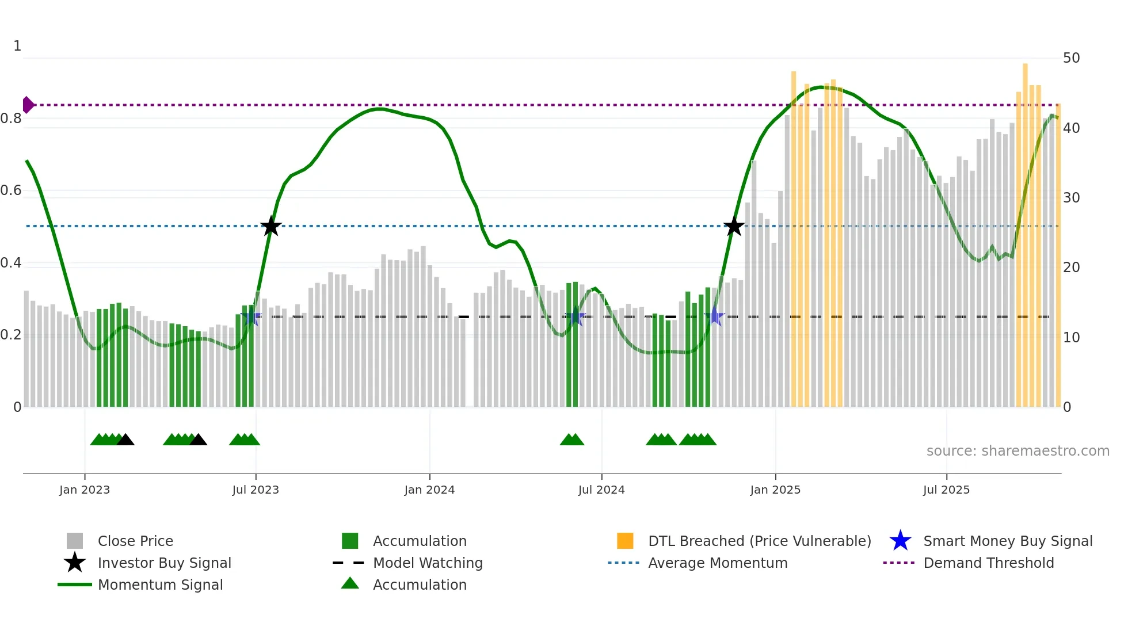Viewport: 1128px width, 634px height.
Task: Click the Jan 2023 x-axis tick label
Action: (85, 490)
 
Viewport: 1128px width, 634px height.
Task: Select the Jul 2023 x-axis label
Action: (256, 490)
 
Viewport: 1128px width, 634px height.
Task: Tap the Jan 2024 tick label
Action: (429, 490)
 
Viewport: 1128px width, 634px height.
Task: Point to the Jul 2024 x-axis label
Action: (601, 490)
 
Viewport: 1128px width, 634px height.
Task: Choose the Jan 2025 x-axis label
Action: (775, 490)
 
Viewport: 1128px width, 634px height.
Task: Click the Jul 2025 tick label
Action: (946, 490)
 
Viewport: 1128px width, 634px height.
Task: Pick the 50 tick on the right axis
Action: (1071, 58)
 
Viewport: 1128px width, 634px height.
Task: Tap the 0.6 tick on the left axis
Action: (11, 190)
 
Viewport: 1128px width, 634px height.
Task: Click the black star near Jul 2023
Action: (271, 227)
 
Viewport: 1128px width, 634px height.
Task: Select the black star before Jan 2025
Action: (734, 227)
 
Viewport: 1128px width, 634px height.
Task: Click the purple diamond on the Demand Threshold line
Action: (28, 105)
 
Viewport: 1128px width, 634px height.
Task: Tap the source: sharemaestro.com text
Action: (1018, 451)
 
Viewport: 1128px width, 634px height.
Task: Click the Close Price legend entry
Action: (135, 541)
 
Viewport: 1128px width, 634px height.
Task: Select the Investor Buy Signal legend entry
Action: (164, 563)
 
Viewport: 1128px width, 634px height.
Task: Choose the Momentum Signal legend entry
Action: (160, 585)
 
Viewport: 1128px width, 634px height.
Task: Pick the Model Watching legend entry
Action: (428, 563)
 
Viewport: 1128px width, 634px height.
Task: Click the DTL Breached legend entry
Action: (759, 541)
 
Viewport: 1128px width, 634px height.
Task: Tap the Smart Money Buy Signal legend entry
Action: (1007, 541)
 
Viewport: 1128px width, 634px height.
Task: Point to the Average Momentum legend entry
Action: (718, 563)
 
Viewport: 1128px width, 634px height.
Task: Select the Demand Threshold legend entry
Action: (988, 563)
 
